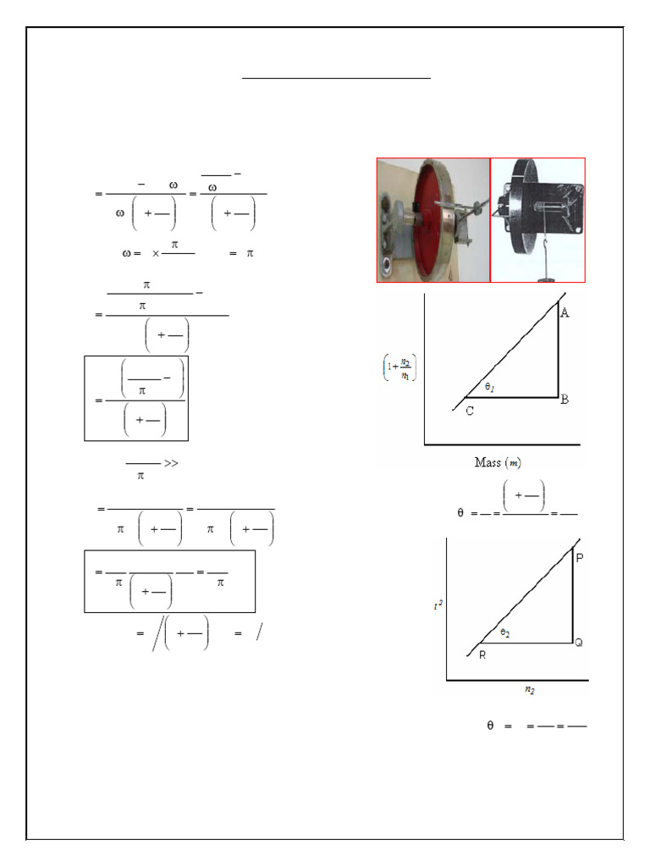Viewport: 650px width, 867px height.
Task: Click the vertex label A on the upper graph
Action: pyautogui.click(x=565, y=313)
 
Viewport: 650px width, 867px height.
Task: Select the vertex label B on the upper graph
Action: pyautogui.click(x=565, y=399)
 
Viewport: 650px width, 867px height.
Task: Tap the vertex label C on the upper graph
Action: pyautogui.click(x=470, y=411)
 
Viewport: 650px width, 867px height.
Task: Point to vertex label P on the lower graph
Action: pyautogui.click(x=579, y=558)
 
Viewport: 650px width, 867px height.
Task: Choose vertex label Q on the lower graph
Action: pyautogui.click(x=579, y=643)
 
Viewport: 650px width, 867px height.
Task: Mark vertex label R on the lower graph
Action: pyautogui.click(x=482, y=655)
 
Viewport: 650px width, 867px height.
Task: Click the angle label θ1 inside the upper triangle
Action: pyautogui.click(x=492, y=386)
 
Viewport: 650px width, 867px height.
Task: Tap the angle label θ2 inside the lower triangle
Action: pyautogui.click(x=504, y=632)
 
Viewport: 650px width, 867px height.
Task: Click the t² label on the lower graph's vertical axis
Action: pyautogui.click(x=438, y=605)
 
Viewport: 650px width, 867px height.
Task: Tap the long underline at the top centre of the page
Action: pyautogui.click(x=337, y=78)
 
